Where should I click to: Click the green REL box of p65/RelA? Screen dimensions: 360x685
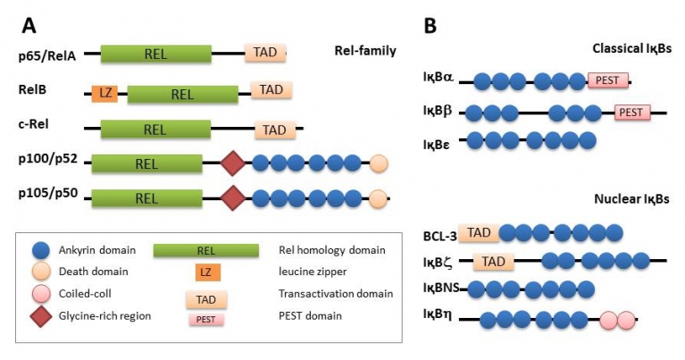[155, 54]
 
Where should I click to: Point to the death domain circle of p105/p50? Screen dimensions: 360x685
[379, 199]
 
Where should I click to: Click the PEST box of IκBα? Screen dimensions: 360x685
[607, 81]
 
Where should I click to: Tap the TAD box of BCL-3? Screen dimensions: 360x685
[479, 233]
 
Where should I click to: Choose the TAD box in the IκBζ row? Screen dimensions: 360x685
[493, 262]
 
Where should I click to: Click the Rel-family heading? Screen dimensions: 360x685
[365, 51]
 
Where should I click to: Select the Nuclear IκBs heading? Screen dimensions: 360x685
[631, 198]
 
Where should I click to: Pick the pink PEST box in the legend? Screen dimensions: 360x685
[205, 318]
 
